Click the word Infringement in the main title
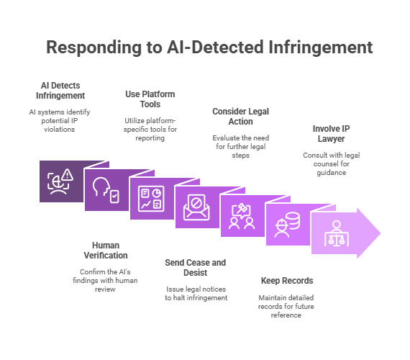321,48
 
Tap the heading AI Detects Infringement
60,91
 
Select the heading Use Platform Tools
150,99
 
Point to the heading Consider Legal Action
240,117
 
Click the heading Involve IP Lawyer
332,134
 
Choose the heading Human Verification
106,251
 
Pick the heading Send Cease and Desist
196,268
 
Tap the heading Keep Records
287,281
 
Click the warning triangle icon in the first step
68,175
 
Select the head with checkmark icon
106,190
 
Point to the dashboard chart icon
151,199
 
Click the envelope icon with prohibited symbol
196,207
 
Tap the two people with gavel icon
242,216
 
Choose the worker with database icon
287,225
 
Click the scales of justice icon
337,233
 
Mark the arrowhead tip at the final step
381,233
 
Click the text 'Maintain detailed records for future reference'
286,306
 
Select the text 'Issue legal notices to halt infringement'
196,294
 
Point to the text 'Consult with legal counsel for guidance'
332,164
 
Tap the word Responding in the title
94,48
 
